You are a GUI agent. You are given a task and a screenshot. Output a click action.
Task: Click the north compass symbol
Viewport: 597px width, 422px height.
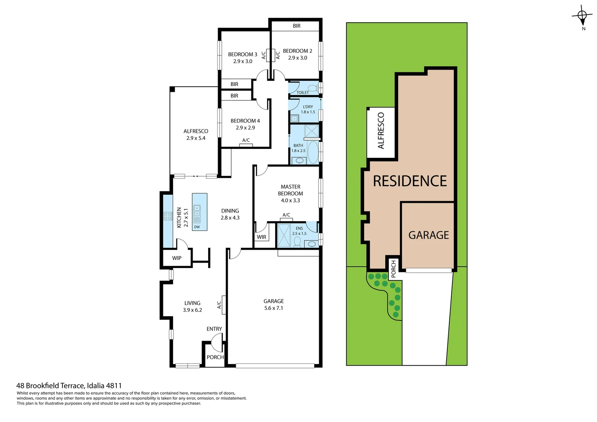(x=582, y=16)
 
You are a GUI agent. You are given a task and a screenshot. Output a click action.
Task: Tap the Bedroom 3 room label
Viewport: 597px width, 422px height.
(x=243, y=54)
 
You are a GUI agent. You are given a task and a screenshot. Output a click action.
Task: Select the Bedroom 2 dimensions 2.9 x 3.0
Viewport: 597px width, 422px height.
(x=297, y=58)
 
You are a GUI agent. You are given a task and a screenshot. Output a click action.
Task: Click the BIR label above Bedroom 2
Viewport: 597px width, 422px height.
(x=297, y=26)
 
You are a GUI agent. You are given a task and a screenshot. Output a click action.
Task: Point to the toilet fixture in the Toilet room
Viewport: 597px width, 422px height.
(x=313, y=88)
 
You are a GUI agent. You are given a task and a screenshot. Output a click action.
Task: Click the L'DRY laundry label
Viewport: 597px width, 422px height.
(x=308, y=107)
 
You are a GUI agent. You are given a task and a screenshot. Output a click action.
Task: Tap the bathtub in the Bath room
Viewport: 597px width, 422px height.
(x=313, y=152)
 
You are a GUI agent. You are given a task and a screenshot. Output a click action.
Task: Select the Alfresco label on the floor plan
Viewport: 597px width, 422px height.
(x=196, y=131)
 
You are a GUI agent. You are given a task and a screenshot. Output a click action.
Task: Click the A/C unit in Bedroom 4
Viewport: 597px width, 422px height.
(x=246, y=145)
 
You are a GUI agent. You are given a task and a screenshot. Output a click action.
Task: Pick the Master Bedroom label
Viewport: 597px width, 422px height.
(x=290, y=190)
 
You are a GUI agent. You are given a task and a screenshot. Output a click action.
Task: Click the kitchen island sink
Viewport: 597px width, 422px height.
(x=197, y=211)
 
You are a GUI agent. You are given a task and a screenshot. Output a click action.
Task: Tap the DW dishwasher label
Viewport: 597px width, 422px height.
(x=197, y=227)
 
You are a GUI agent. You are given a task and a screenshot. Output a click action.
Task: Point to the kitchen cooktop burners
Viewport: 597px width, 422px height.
(x=168, y=216)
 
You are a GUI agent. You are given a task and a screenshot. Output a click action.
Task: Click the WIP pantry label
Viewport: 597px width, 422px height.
(x=177, y=258)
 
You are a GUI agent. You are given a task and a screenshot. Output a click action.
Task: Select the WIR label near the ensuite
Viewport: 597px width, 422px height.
(x=261, y=237)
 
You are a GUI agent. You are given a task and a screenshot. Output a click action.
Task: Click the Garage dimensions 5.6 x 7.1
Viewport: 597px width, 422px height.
(x=273, y=308)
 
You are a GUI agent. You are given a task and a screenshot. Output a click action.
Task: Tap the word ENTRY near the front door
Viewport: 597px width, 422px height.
(x=214, y=329)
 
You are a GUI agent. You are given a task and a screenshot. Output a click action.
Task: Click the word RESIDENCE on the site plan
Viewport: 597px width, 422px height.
(x=409, y=181)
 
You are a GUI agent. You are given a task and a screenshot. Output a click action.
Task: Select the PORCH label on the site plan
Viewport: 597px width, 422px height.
(x=393, y=268)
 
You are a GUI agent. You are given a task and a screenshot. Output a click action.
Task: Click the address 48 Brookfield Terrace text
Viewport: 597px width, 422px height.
(x=69, y=386)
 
